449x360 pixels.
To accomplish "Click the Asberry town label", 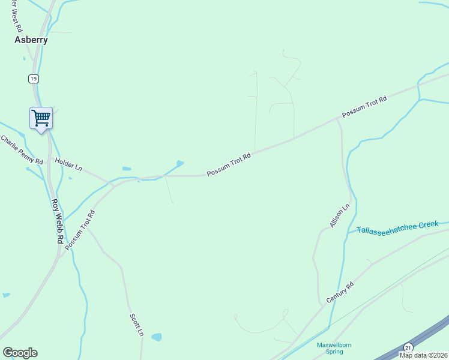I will pos(31,40).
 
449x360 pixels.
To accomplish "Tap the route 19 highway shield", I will pos(34,79).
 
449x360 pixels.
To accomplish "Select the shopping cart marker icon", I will pos(41,118).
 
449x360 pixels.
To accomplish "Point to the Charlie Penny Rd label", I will pos(22,150).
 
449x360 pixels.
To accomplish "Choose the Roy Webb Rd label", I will pos(57,220).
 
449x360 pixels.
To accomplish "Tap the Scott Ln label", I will pos(137,324).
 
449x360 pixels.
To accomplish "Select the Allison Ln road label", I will pos(340,216).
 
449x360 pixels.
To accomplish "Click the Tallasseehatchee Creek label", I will pos(398,227).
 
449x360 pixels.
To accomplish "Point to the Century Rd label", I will pos(340,291).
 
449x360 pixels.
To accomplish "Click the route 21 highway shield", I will pos(408,347).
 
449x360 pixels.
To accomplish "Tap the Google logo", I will pos(20,353).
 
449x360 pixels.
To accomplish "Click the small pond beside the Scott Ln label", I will pos(156,337).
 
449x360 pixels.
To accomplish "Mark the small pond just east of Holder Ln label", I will pos(126,169).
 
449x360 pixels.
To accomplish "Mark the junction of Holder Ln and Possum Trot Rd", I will pos(109,182).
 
